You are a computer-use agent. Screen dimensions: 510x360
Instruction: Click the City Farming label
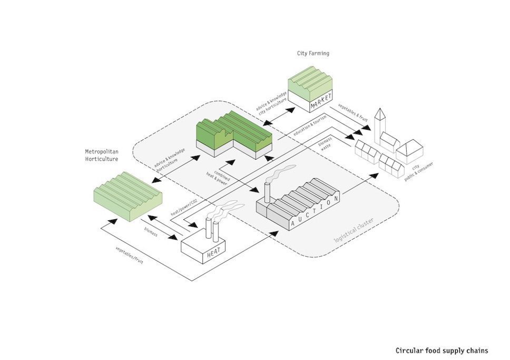(313, 53)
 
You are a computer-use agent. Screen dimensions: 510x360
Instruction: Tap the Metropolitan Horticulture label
(102, 155)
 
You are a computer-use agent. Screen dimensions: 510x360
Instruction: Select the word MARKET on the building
(321, 101)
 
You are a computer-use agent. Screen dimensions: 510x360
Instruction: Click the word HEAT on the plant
(214, 252)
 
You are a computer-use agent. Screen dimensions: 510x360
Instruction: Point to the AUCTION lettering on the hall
(315, 211)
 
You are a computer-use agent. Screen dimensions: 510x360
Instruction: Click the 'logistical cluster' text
(355, 230)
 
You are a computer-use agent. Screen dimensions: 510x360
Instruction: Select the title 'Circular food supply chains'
(442, 351)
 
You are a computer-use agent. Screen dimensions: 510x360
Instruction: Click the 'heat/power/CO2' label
(184, 207)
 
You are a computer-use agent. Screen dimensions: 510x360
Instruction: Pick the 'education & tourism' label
(310, 125)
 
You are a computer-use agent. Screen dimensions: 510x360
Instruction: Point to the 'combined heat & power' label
(218, 178)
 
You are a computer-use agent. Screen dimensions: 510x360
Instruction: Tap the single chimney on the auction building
(267, 192)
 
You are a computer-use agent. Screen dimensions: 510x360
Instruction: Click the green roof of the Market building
(310, 83)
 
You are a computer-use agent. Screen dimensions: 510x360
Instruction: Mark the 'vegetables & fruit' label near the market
(353, 113)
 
